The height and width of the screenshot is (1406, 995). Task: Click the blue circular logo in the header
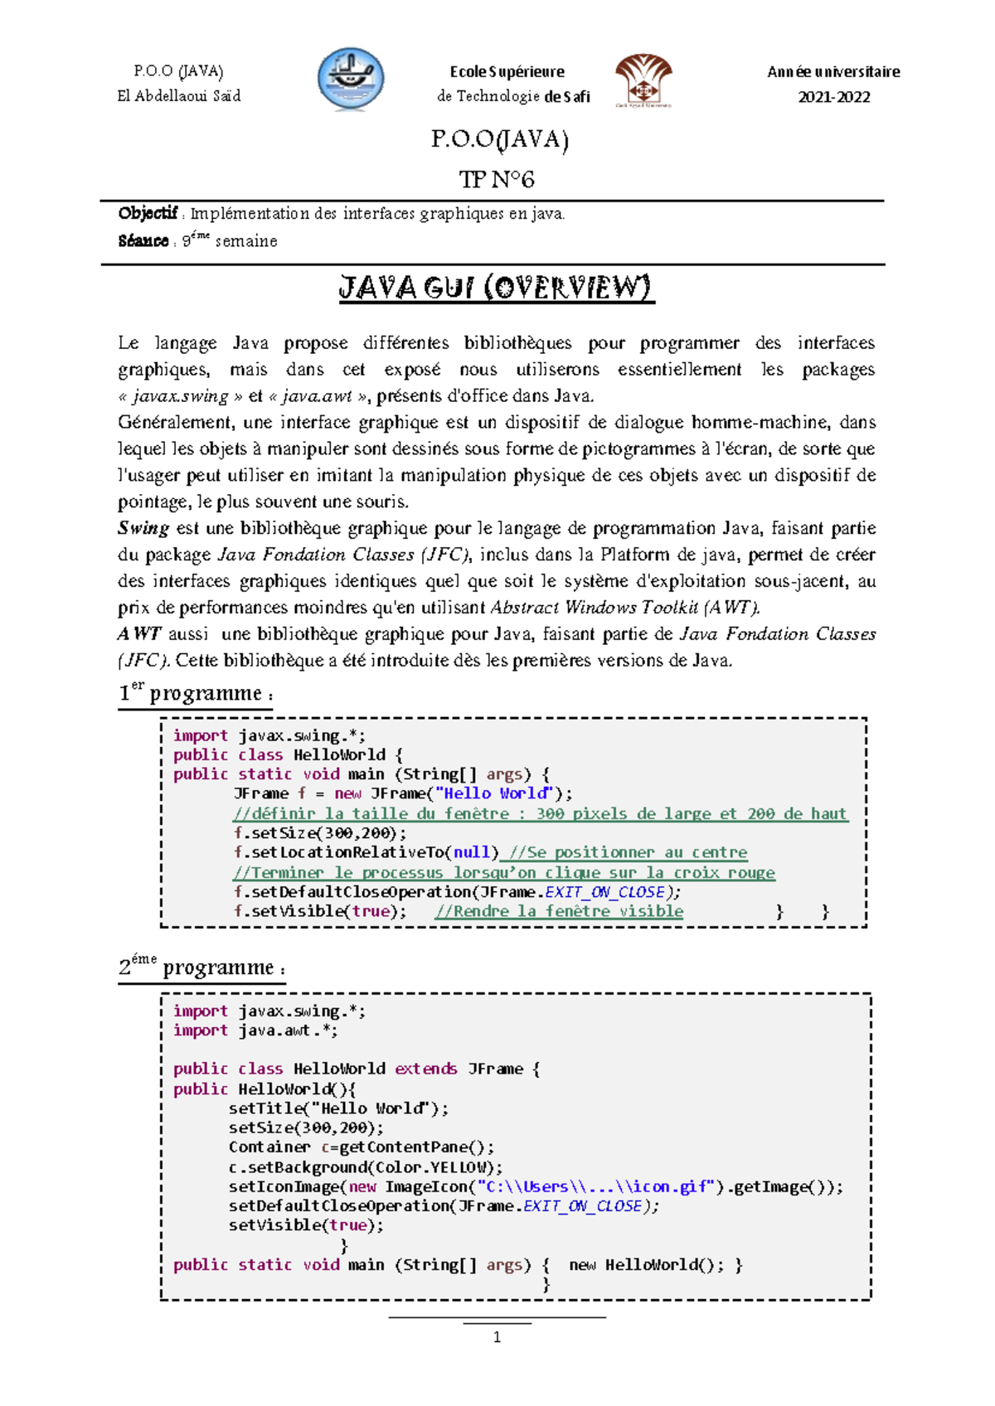click(351, 80)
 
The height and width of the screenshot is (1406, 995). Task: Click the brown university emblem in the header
click(643, 80)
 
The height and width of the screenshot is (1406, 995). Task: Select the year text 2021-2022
click(833, 97)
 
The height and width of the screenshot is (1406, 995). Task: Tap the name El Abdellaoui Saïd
click(179, 96)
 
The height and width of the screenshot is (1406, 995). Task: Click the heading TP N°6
click(497, 179)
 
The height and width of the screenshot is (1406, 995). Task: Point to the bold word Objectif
click(148, 214)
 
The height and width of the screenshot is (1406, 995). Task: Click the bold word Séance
click(143, 241)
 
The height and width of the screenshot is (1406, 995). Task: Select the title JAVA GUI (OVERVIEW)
click(496, 288)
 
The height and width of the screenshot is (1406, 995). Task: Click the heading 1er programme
click(195, 693)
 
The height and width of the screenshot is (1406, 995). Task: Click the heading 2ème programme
click(201, 967)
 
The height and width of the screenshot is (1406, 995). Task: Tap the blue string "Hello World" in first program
click(494, 793)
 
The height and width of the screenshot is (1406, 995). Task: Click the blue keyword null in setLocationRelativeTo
click(471, 852)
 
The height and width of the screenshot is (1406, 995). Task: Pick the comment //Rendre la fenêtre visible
click(559, 911)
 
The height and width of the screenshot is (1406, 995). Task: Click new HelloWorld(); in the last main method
click(647, 1264)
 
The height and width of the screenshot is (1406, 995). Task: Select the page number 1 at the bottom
click(497, 1336)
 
